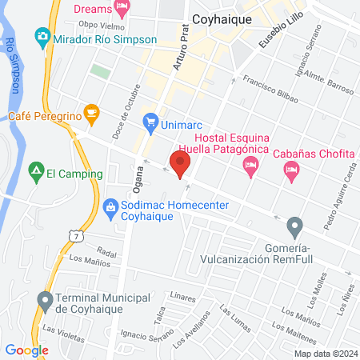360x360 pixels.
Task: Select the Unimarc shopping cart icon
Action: pos(150,122)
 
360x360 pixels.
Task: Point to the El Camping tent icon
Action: pos(35,170)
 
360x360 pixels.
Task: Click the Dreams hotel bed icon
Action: pos(122,8)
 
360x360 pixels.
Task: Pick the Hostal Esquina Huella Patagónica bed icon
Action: pos(250,166)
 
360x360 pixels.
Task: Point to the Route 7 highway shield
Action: pos(74,236)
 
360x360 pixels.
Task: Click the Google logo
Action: pos(27,350)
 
